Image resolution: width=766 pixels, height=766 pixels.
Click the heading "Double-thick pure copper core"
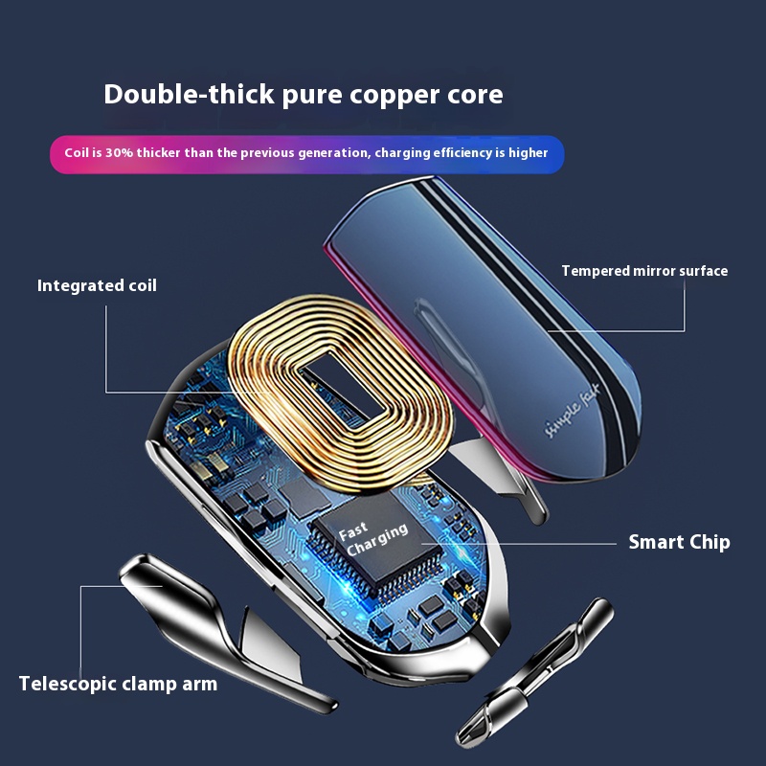tap(303, 95)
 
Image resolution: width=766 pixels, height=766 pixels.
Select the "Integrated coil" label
tap(97, 285)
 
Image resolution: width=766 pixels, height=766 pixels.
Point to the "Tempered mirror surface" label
tap(644, 271)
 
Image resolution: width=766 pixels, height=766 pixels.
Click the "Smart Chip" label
tap(679, 542)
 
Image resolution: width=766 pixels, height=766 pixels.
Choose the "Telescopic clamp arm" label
tap(118, 684)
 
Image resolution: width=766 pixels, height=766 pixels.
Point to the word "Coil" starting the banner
tap(77, 153)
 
